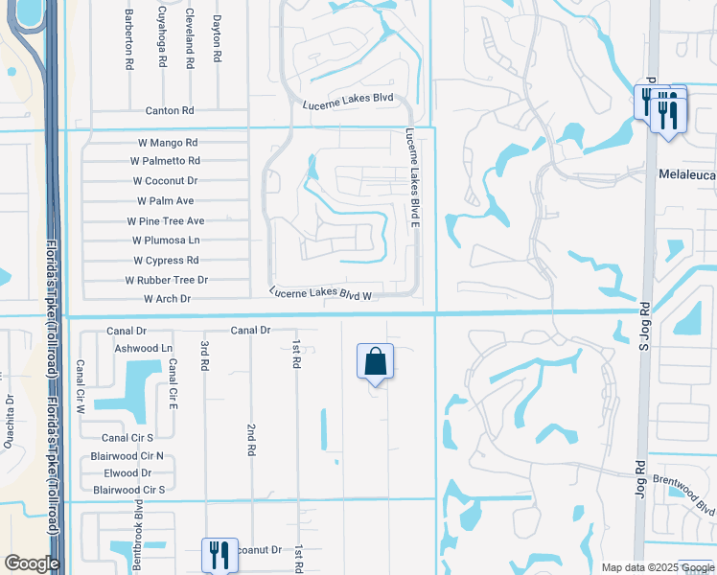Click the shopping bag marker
tap(375, 362)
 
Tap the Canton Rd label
tap(170, 111)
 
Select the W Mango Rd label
tap(168, 142)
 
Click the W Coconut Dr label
tap(165, 180)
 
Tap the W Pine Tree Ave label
tap(166, 220)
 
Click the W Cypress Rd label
tap(166, 260)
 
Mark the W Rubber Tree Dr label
tap(167, 280)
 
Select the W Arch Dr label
tap(168, 299)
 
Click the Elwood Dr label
tap(127, 472)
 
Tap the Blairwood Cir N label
tap(127, 456)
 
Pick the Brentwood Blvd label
tap(685, 494)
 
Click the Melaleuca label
tap(687, 175)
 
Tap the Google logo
tap(32, 563)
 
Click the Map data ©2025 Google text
tap(657, 567)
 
